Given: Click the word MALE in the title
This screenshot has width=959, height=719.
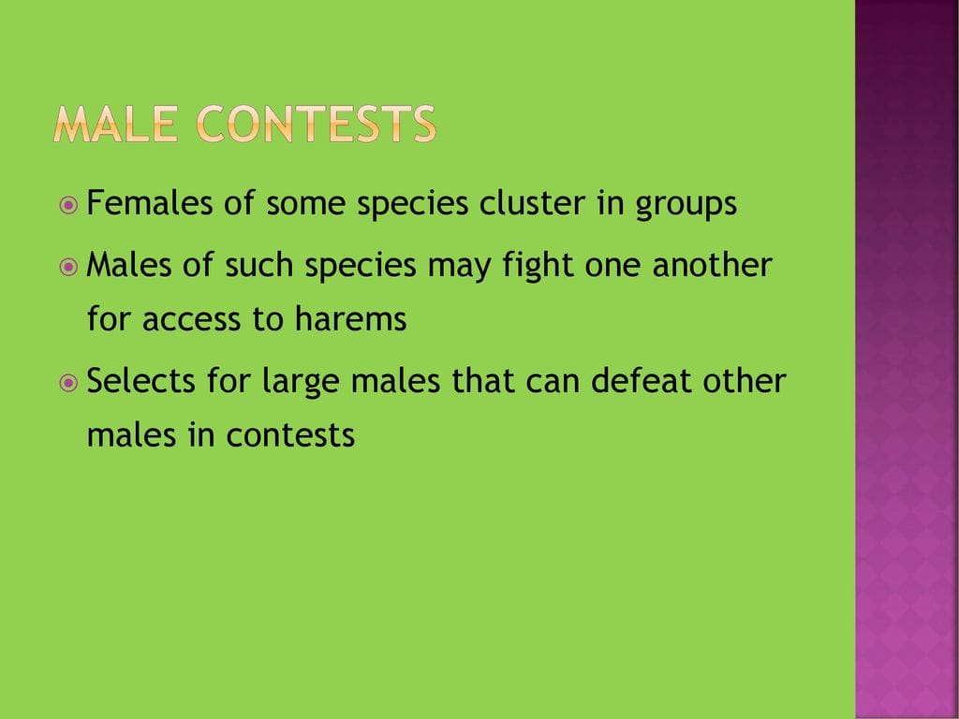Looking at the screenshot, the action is (115, 125).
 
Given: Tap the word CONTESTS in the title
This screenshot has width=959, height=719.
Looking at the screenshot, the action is (317, 125).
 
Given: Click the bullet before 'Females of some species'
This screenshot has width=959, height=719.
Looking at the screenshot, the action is (68, 205).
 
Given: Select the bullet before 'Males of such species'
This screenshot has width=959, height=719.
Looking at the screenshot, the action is (68, 267).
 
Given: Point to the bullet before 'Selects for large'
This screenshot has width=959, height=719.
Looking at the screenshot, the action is (68, 383).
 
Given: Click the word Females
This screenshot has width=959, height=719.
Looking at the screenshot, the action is (150, 202).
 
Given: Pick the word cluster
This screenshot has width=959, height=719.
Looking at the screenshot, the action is (532, 202).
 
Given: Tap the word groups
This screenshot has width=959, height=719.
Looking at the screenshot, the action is (686, 206).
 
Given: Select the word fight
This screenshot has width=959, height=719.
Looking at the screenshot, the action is (538, 267).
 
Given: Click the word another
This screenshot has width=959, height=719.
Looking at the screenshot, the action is (712, 264).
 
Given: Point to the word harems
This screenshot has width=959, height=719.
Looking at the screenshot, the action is (350, 318).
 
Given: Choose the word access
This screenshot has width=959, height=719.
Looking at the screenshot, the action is (191, 321).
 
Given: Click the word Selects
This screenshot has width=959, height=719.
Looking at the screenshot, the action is (140, 380).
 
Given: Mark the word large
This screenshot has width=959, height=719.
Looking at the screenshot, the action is (301, 383).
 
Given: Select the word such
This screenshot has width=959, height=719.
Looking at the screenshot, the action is (258, 264).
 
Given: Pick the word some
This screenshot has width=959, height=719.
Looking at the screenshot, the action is (306, 205).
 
